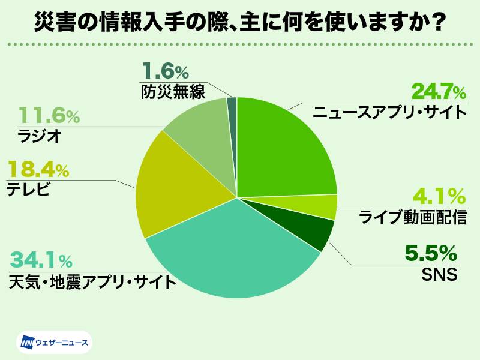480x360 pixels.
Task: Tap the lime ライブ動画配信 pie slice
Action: [x=327, y=206]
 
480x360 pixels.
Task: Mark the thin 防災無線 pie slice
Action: [x=232, y=108]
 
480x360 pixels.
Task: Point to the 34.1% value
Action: [x=41, y=261]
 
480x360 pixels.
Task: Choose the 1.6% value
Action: [x=166, y=71]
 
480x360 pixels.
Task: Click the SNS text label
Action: [x=440, y=275]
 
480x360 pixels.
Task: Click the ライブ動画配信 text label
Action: [x=413, y=217]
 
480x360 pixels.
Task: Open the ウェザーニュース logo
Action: [x=54, y=343]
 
